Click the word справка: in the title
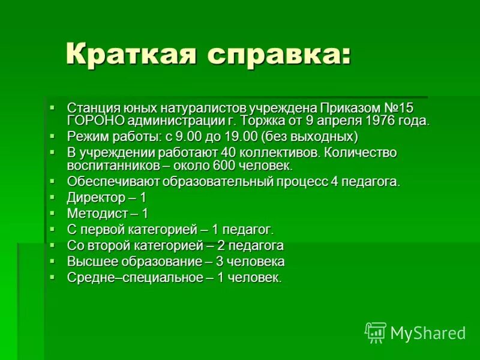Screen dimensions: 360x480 tap(279, 55)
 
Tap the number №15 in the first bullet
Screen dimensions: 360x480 tap(398, 108)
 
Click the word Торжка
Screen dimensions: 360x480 tap(271, 120)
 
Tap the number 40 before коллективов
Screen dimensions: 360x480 tap(229, 152)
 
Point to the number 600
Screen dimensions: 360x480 tap(228, 165)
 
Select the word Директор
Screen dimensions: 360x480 tap(92, 197)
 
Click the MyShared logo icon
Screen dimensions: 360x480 tap(376, 332)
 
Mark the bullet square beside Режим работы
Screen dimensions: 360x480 tap(52, 136)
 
